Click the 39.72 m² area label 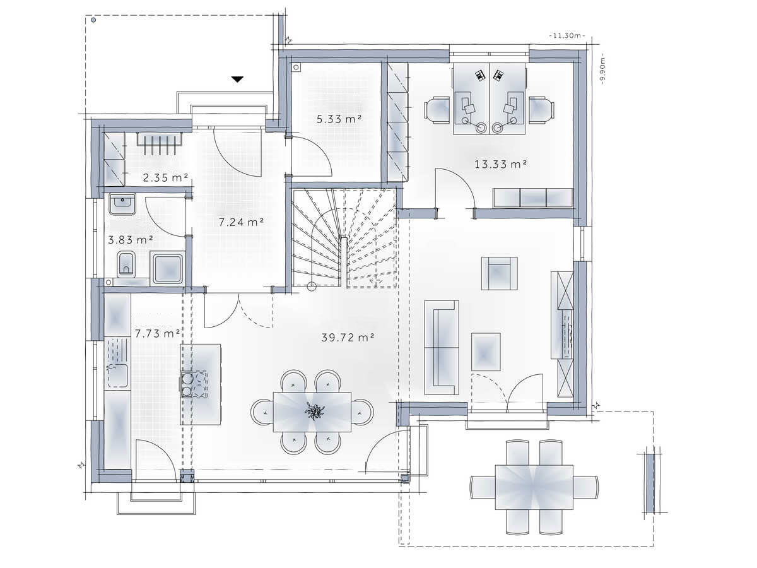(x=348, y=337)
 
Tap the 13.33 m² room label (x=500, y=164)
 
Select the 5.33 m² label (x=339, y=119)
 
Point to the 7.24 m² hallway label (x=241, y=222)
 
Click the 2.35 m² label (x=165, y=178)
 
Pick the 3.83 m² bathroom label (x=131, y=240)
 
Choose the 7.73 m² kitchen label (x=157, y=333)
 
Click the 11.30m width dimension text (x=567, y=35)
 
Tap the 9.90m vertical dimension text (x=602, y=69)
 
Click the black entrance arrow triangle (x=237, y=80)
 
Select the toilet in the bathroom (x=126, y=264)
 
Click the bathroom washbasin (x=122, y=204)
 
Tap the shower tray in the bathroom (x=168, y=269)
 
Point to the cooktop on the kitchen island (x=194, y=384)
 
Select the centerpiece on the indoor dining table (x=315, y=411)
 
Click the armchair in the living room (x=500, y=273)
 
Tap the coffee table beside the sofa (x=486, y=352)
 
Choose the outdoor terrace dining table (x=534, y=487)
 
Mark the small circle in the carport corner (x=93, y=20)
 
